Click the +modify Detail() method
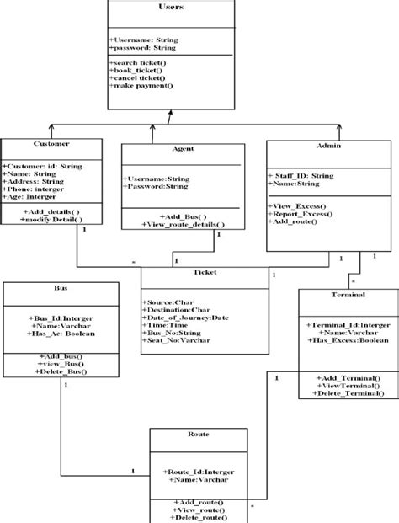[53, 219]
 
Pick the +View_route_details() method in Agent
[185, 226]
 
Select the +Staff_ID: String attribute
[303, 176]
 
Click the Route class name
[199, 435]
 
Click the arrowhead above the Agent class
[152, 125]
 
